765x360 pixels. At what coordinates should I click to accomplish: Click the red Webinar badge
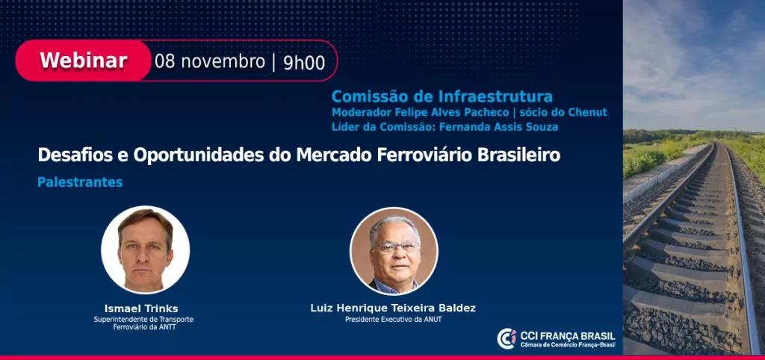tap(83, 60)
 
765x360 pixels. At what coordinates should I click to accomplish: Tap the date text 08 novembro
tap(210, 62)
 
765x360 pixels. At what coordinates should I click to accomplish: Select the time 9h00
tap(304, 63)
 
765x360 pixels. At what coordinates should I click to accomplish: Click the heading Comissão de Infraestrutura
tap(442, 96)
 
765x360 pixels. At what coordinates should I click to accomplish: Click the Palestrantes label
tap(80, 182)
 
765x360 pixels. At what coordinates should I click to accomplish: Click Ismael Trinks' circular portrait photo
tap(146, 249)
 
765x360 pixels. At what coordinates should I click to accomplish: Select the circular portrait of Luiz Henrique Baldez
tap(394, 251)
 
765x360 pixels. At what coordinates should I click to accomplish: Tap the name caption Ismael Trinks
tap(141, 308)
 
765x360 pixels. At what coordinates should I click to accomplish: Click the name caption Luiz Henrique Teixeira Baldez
tap(393, 308)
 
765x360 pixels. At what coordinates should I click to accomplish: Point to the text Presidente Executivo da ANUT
tap(394, 320)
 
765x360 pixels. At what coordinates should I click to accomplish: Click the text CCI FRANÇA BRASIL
tap(568, 336)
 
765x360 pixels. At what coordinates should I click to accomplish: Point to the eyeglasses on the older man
tap(396, 247)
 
